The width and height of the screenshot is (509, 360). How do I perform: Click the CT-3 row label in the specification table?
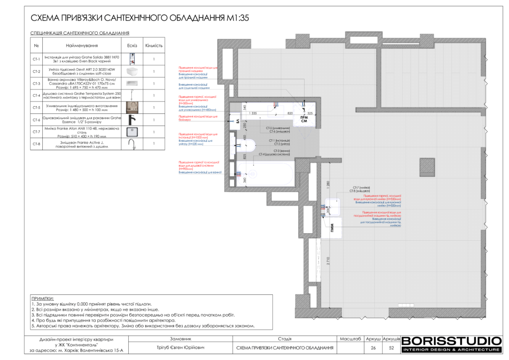coord(36,84)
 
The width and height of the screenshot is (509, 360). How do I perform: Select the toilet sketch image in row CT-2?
coord(132,72)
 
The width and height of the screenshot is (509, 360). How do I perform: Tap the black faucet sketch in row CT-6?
coord(132,120)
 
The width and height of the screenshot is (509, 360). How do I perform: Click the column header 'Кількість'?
coord(154,46)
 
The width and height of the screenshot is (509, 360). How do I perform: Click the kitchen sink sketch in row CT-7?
coord(132,132)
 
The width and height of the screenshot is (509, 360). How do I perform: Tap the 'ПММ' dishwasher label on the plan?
coord(332,227)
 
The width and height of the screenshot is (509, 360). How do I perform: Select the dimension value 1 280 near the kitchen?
coord(323,184)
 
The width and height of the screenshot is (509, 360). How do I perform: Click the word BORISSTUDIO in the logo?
coord(451,341)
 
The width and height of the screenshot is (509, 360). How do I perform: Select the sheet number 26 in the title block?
coord(373,348)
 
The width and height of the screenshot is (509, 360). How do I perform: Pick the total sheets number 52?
coord(391,348)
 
